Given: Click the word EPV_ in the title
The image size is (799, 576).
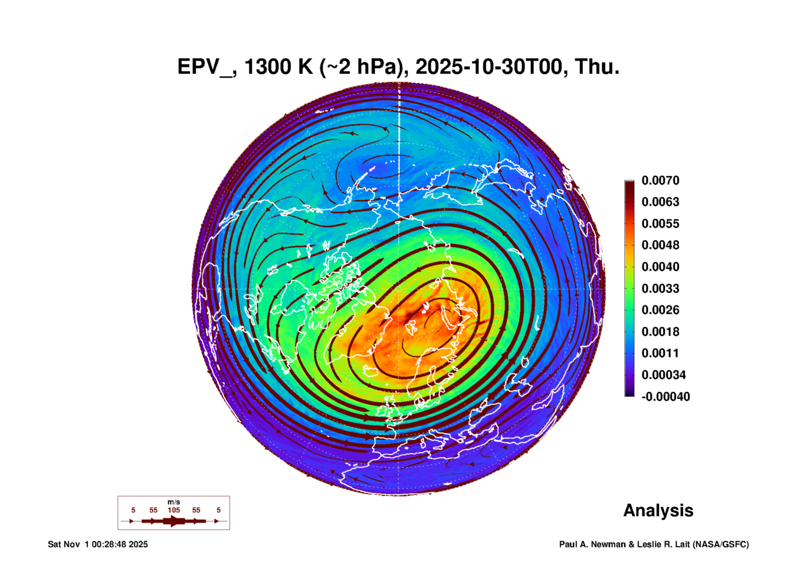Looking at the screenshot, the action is tap(205, 68).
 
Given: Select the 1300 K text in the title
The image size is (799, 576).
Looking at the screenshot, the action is tap(279, 67).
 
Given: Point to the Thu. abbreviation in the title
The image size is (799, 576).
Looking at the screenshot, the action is tap(597, 67).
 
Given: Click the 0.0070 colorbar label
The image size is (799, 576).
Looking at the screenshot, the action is tap(660, 180).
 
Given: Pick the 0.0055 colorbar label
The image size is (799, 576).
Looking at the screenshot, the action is tap(660, 224).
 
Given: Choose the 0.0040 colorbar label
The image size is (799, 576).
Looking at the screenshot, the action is tap(660, 267).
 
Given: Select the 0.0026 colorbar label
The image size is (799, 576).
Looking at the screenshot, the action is tap(660, 310).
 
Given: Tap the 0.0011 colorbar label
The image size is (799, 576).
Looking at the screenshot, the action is tap(660, 353).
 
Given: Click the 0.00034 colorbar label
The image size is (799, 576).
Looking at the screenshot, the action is tap(664, 375).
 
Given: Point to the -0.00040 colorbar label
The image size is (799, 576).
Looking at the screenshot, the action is tap(666, 397).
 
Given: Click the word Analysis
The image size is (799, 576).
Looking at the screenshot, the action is tap(658, 511).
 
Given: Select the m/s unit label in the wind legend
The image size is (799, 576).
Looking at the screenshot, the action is tap(174, 502).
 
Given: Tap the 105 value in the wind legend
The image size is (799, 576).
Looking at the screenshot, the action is tap(174, 510).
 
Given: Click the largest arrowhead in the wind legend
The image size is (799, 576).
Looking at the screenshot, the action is tap(175, 521).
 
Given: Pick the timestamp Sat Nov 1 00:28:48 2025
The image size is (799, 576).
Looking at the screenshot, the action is tap(98, 544).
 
